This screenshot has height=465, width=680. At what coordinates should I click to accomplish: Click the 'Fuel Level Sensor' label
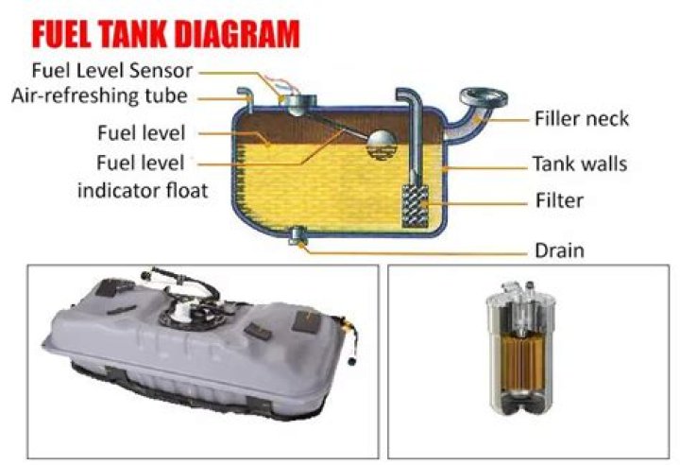click(x=112, y=70)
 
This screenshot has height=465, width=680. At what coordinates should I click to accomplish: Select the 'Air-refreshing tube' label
click(x=100, y=95)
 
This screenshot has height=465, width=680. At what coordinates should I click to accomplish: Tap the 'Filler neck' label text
click(x=582, y=119)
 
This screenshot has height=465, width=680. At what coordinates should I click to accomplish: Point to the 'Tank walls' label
click(x=580, y=164)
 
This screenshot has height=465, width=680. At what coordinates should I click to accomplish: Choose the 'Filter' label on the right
click(x=558, y=200)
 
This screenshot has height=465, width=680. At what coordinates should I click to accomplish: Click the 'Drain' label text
click(x=559, y=250)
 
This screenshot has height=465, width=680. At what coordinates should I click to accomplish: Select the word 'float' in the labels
click(x=185, y=190)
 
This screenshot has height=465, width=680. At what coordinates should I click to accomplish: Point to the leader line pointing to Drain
click(x=416, y=250)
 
